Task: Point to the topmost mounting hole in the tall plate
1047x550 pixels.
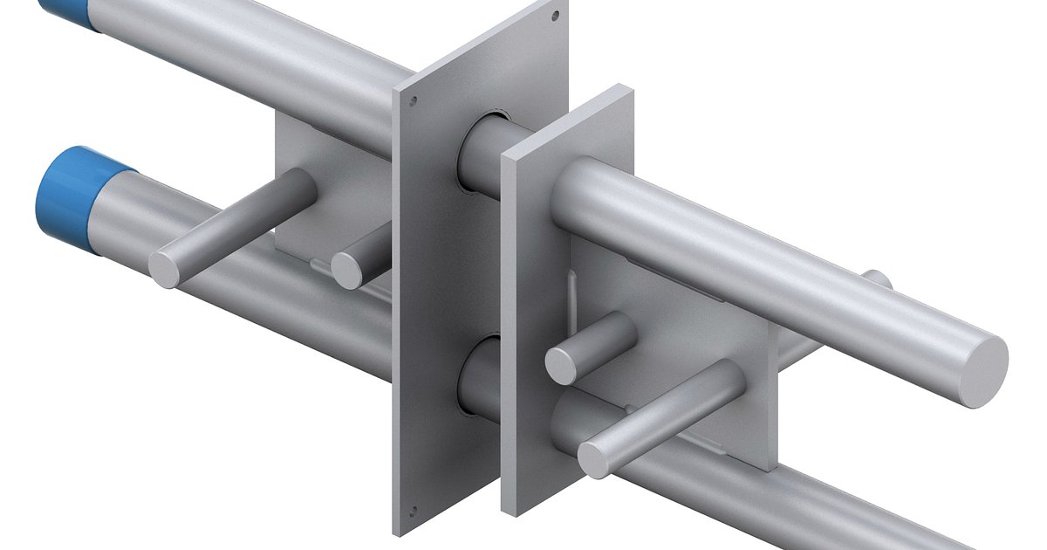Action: (555, 15)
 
